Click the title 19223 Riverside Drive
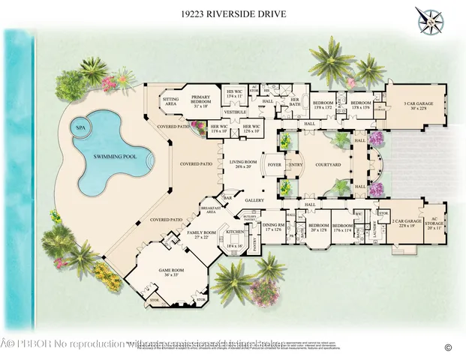pos(233,13)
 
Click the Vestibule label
pos(238,112)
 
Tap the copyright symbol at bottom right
pos(448,346)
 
